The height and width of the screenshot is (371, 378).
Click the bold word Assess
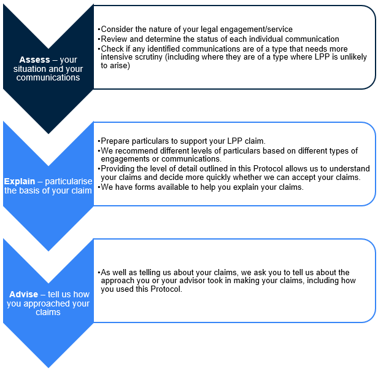click(x=34, y=60)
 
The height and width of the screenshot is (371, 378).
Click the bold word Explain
click(x=20, y=181)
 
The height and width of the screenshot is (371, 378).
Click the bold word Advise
click(x=23, y=294)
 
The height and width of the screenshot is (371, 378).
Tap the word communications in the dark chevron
click(x=48, y=77)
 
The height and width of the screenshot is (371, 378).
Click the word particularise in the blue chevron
click(x=69, y=181)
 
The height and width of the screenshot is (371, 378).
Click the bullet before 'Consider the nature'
click(x=99, y=29)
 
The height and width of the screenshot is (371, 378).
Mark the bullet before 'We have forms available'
click(x=99, y=187)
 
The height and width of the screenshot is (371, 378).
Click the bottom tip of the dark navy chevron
click(x=48, y=133)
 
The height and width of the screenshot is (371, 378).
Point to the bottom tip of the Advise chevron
click(x=48, y=367)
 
